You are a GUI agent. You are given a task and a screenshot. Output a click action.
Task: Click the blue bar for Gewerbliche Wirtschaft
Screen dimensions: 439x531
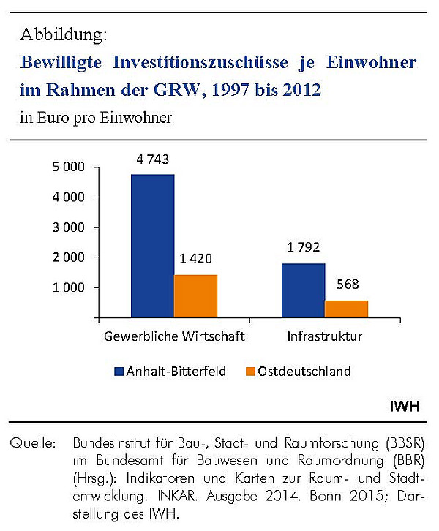153,246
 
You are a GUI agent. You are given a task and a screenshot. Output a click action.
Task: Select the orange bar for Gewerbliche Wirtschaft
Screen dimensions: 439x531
196,296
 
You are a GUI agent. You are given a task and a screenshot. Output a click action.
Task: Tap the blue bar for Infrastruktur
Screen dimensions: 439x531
304,290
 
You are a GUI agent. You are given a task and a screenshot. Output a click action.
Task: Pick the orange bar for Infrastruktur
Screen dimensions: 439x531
347,309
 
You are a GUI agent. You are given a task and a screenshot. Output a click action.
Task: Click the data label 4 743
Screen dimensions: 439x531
153,159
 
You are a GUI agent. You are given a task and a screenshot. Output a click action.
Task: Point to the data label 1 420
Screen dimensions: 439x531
196,259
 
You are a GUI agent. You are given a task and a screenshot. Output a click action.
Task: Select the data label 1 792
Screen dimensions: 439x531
304,247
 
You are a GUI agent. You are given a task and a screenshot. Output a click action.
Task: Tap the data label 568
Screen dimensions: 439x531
348,284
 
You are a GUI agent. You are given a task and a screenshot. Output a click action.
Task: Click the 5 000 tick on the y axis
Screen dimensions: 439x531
68,167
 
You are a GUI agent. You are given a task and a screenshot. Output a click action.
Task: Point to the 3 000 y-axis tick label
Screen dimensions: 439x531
68,227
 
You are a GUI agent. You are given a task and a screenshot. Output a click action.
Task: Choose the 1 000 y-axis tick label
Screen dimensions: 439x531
68,287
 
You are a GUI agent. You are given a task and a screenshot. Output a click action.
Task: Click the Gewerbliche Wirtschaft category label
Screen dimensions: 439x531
174,336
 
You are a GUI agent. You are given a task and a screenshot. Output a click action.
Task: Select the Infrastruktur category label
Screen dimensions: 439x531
325,336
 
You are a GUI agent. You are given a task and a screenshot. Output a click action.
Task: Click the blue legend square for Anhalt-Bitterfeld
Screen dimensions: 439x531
119,372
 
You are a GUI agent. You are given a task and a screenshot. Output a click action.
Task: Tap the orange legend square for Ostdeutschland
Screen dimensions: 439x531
250,372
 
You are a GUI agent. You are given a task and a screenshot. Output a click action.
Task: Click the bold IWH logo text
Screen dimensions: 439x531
405,406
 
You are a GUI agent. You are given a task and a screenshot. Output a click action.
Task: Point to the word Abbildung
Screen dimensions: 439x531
64,34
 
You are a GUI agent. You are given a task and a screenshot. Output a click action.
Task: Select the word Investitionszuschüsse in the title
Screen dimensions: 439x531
200,62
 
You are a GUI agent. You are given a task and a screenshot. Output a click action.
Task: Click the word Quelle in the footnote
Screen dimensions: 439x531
32,443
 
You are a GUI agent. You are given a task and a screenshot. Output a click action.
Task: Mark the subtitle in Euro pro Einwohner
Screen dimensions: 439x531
96,118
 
